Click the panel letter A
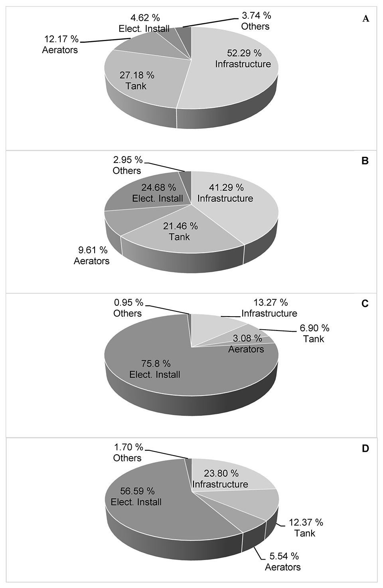coord(365,19)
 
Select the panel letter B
coord(365,161)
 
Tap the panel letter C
coord(365,304)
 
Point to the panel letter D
coord(365,448)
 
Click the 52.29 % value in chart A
coord(244,53)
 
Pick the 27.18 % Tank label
coord(136,80)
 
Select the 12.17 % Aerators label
coord(60,44)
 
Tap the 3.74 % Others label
coord(256,21)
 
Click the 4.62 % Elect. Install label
coord(144,23)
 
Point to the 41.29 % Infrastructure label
coord(225,193)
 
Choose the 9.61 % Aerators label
coord(92,255)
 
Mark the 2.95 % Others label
coord(127,165)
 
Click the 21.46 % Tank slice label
coord(180,231)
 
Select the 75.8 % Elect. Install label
coord(155,369)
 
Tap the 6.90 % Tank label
coord(314,333)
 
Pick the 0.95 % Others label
coord(128,308)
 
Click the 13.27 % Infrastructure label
coord(270,308)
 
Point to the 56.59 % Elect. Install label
coord(136,496)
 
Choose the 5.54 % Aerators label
coord(283,561)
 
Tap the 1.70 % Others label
coord(128,452)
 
